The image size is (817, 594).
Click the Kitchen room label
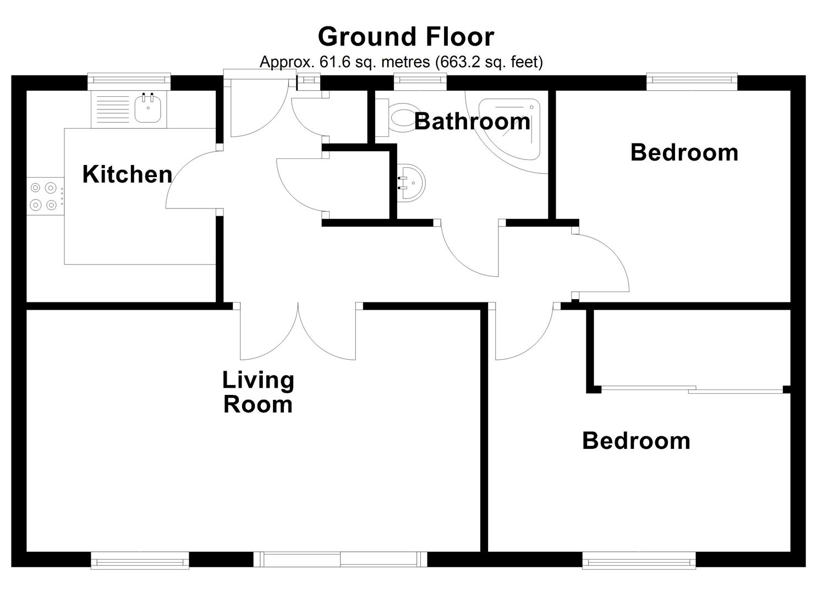click(127, 174)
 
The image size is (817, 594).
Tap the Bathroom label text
click(473, 121)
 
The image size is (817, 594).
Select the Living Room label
click(258, 392)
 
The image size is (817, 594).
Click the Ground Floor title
click(406, 36)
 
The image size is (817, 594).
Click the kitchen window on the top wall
click(129, 81)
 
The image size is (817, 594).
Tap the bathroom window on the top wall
click(420, 82)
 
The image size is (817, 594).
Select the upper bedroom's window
click(692, 82)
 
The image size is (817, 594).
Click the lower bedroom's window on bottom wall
click(639, 560)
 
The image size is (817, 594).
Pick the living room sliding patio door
click(341, 559)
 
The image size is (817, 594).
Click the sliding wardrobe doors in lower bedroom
click(692, 389)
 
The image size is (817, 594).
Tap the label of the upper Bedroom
click(684, 152)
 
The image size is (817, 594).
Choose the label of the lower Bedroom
click(637, 441)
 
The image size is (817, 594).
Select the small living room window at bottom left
click(140, 560)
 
